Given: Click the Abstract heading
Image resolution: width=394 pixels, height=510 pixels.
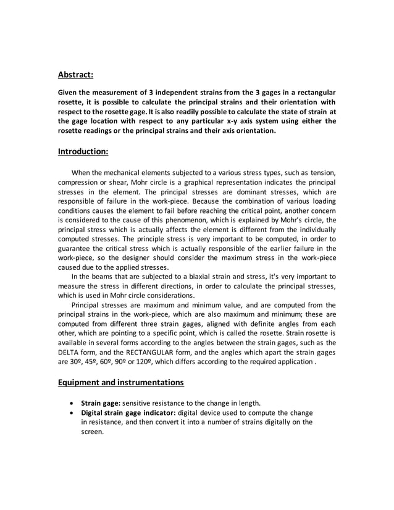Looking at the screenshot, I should click(x=75, y=75).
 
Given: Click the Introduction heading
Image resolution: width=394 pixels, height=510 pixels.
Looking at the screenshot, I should click(x=83, y=151).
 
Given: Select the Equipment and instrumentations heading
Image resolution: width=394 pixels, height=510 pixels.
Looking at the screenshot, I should click(x=120, y=382).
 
